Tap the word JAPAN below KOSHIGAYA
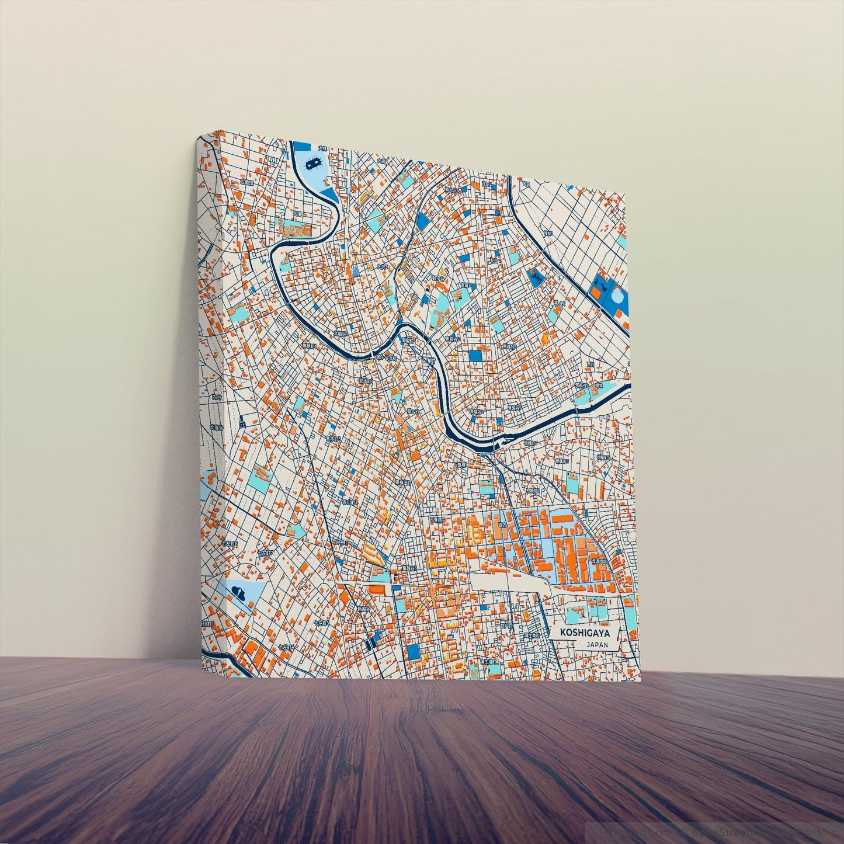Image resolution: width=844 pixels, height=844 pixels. click(597, 645)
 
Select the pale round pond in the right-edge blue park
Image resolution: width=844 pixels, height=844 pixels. click(616, 296)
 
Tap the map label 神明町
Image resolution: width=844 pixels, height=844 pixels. click(308, 346)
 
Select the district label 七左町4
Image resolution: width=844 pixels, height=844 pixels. click(286, 647)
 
